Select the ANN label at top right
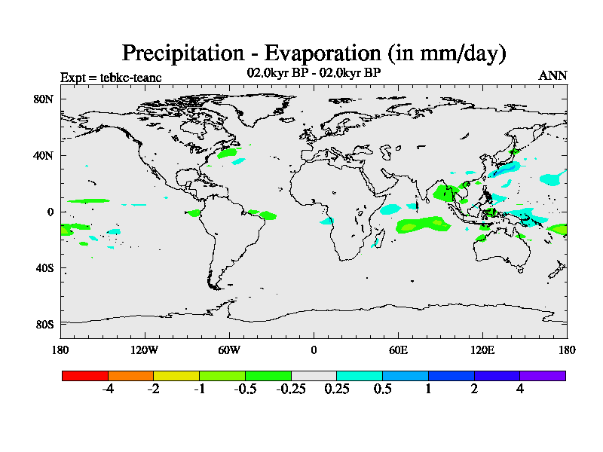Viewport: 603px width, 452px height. point(552,75)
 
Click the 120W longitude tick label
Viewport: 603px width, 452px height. point(145,350)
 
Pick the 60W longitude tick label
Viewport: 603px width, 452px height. point(229,350)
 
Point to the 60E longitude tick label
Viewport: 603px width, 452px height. point(398,350)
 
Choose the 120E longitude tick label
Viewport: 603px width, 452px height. point(482,350)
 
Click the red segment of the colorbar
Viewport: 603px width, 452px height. point(85,375)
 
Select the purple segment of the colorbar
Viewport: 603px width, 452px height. point(543,375)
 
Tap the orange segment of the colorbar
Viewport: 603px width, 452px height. point(131,375)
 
